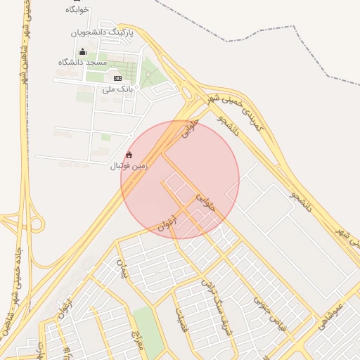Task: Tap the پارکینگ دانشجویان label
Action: (x=101, y=32)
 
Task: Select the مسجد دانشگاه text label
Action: (x=83, y=63)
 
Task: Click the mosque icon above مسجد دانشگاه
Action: (x=82, y=51)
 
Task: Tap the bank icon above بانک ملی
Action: (x=117, y=78)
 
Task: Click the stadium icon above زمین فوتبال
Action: (x=128, y=155)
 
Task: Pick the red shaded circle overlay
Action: (x=180, y=180)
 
